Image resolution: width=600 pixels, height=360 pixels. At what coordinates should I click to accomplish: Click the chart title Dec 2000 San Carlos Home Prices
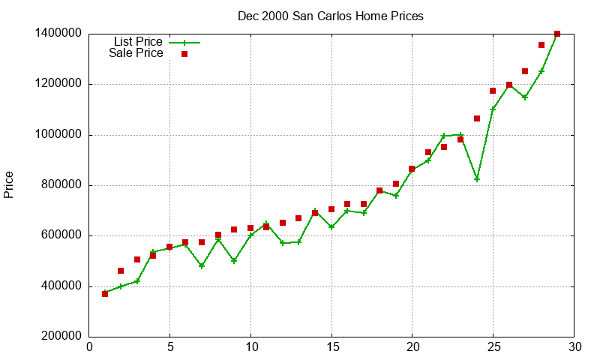pyautogui.click(x=330, y=16)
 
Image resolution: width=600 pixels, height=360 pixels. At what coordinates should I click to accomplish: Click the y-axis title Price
pyautogui.click(x=9, y=184)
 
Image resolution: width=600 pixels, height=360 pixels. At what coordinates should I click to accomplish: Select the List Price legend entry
pyautogui.click(x=138, y=42)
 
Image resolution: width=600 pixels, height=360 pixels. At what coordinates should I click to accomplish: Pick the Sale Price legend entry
pyautogui.click(x=136, y=53)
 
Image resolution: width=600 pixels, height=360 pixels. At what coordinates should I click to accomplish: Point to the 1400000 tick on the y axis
pyautogui.click(x=58, y=34)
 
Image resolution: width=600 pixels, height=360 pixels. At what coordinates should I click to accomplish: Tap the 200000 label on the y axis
pyautogui.click(x=58, y=337)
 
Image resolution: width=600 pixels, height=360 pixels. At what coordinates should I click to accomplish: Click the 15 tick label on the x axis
pyautogui.click(x=331, y=346)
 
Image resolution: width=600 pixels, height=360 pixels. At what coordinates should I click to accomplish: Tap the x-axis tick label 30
pyautogui.click(x=574, y=346)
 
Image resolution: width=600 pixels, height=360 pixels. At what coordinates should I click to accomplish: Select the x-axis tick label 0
pyautogui.click(x=89, y=346)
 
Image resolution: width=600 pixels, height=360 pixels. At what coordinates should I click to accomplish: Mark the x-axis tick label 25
pyautogui.click(x=493, y=346)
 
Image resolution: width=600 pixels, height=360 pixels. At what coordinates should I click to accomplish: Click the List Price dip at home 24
pyautogui.click(x=477, y=178)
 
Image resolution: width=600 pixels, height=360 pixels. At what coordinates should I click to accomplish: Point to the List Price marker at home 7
pyautogui.click(x=202, y=265)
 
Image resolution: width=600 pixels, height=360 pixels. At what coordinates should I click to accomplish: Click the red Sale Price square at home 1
pyautogui.click(x=105, y=294)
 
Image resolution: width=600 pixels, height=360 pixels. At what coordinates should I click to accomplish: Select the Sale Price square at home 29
pyautogui.click(x=557, y=34)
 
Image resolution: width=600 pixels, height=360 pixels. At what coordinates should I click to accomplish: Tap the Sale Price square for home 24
pyautogui.click(x=477, y=118)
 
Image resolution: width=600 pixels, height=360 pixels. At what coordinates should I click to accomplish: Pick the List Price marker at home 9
pyautogui.click(x=234, y=261)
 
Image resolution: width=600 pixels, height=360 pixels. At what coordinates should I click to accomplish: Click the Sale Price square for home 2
pyautogui.click(x=121, y=271)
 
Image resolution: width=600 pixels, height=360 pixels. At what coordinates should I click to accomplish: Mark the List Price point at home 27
pyautogui.click(x=525, y=97)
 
